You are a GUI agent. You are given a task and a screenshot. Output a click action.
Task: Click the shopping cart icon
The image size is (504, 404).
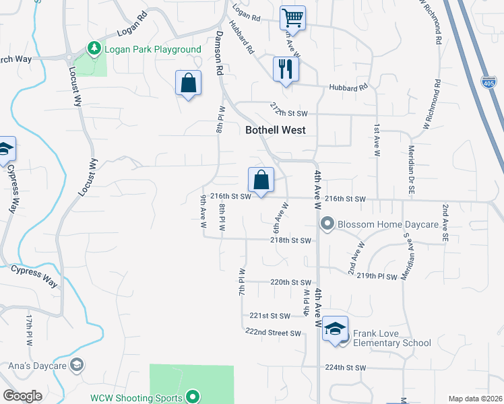point(292,17)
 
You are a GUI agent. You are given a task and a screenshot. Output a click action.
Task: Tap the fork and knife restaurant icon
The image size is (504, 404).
point(286,68)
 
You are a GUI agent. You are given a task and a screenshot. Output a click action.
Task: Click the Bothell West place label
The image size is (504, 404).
point(276,130)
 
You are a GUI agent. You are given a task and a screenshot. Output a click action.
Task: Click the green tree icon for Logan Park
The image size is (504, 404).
point(94,48)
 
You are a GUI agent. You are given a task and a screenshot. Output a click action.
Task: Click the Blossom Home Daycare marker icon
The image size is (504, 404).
point(327,224)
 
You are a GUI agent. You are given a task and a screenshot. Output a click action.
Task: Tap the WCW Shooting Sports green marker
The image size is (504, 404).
point(193,397)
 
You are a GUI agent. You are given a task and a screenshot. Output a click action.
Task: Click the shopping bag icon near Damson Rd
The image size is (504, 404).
point(189,83)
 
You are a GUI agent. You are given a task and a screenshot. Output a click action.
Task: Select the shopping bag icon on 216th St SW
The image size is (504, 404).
point(261,180)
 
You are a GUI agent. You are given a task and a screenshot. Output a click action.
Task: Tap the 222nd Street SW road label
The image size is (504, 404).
point(273,333)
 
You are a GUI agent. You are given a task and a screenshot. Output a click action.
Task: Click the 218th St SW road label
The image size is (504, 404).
point(291,240)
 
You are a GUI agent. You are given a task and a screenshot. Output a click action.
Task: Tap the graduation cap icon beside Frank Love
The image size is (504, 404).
point(335,329)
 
